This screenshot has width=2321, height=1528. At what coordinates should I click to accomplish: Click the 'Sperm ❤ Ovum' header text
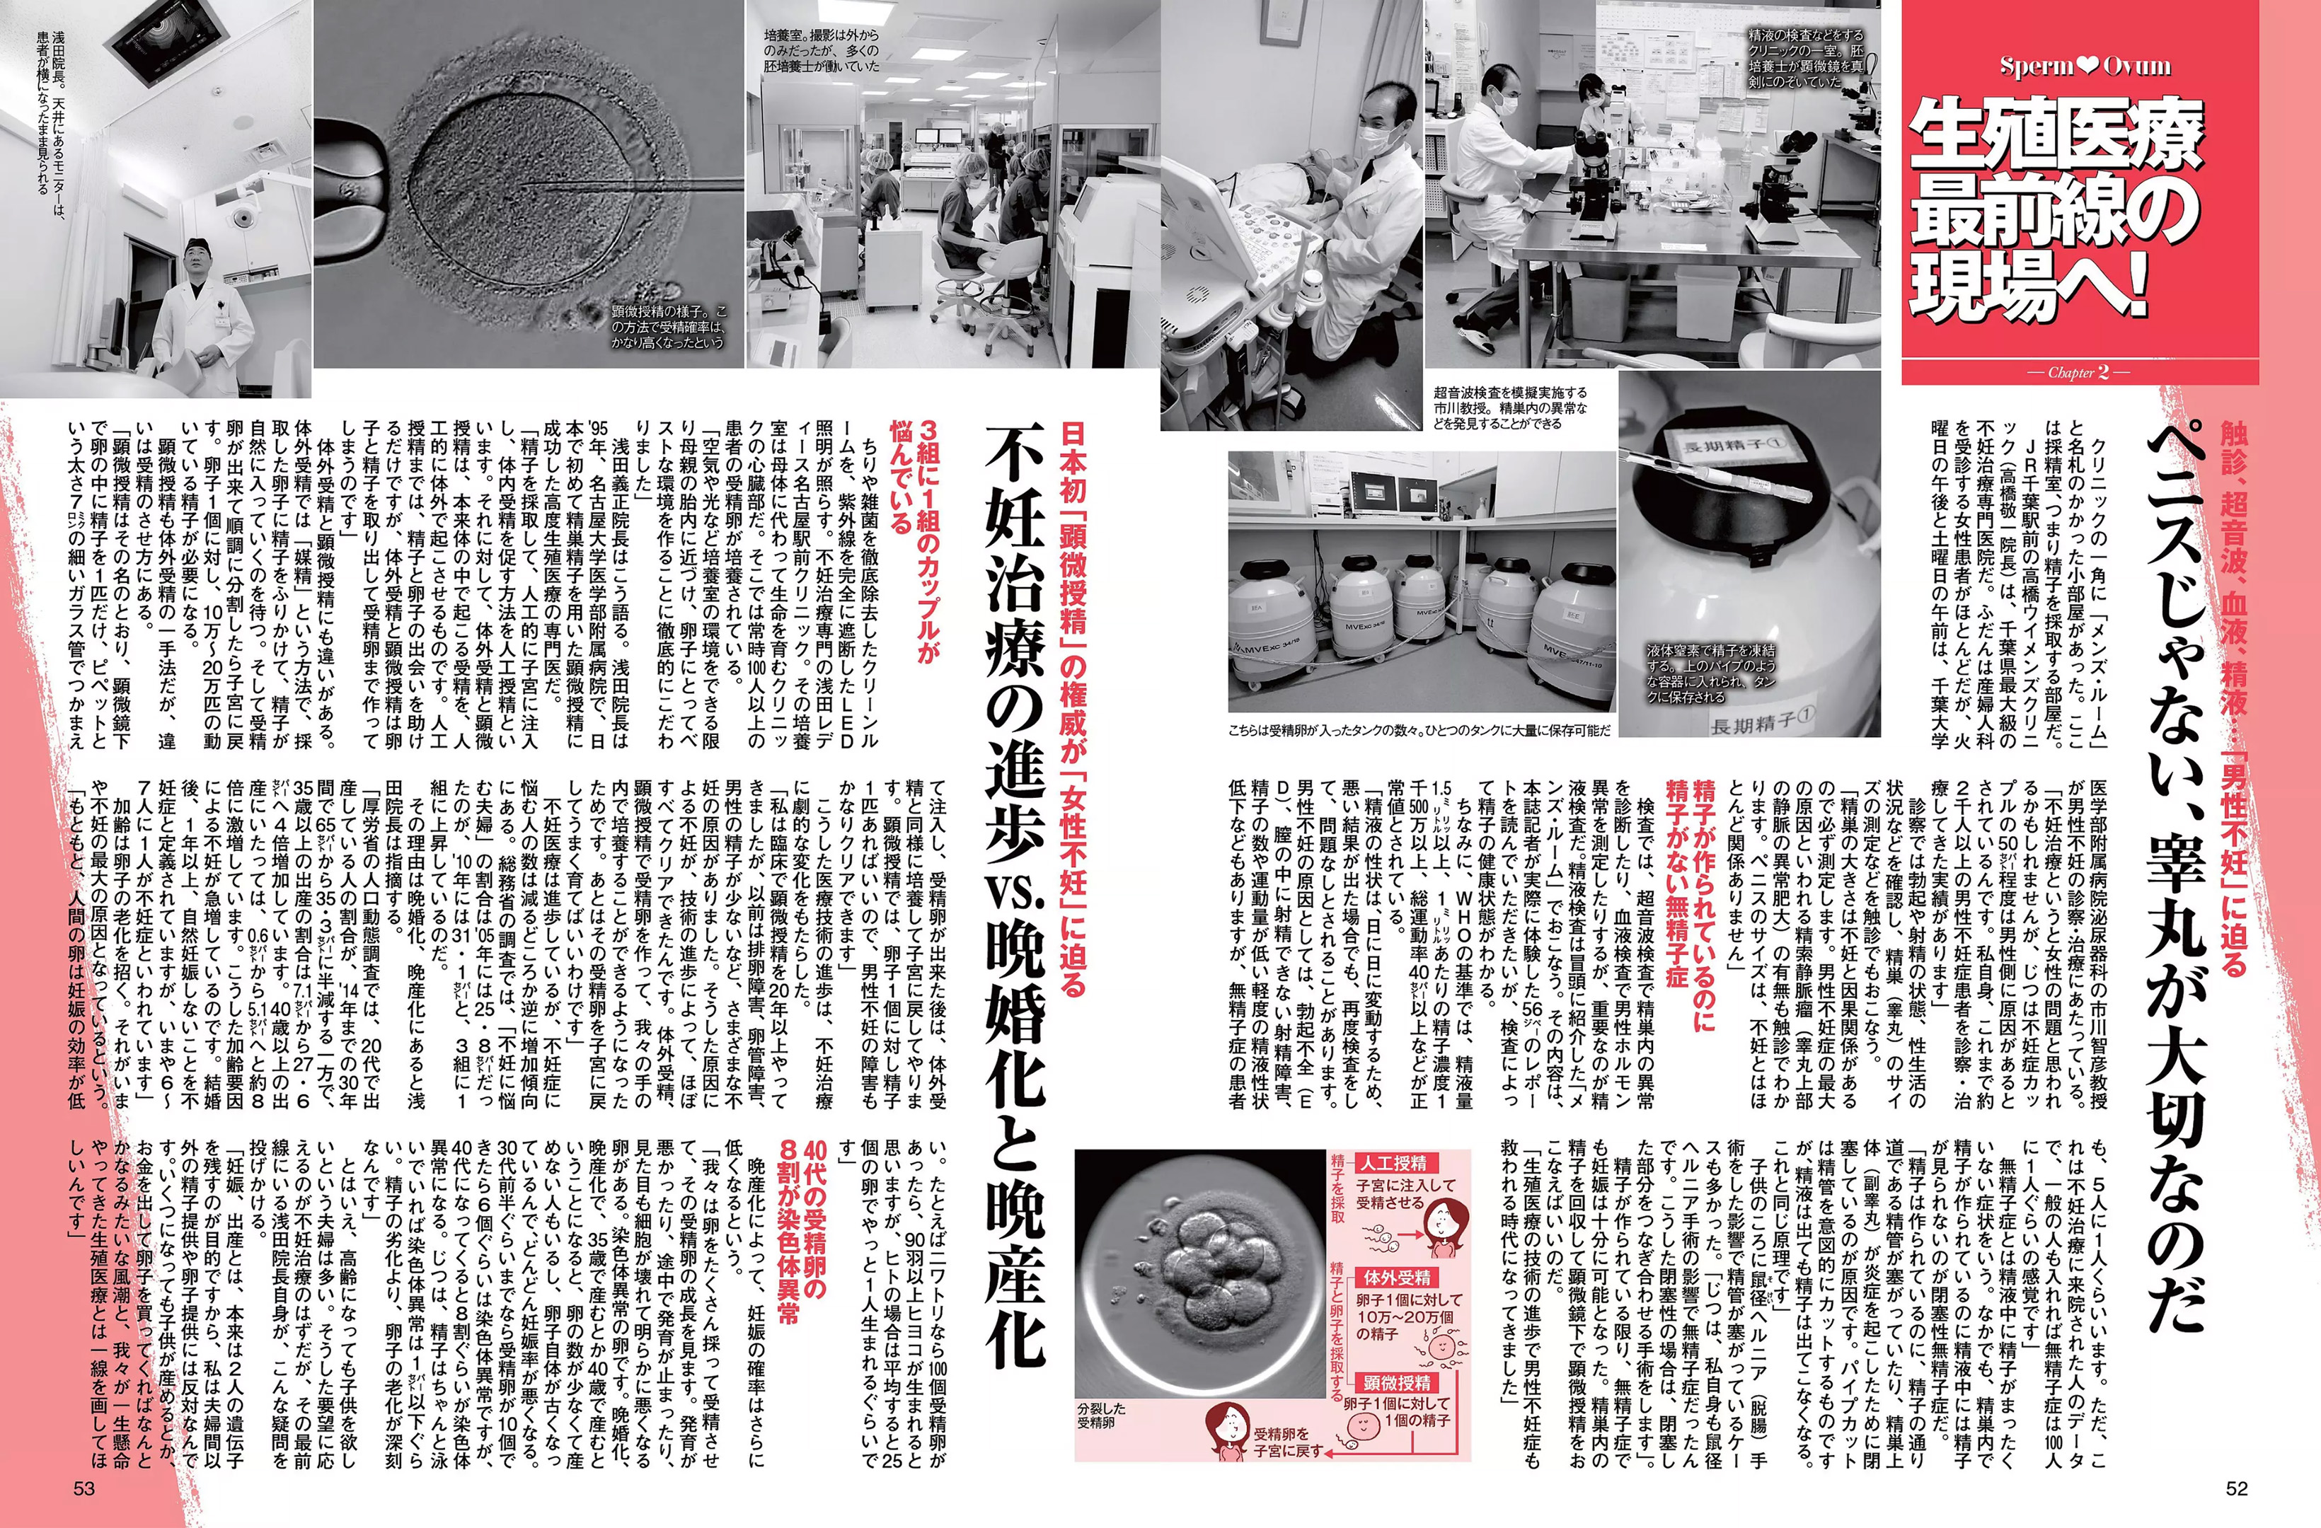click(2085, 66)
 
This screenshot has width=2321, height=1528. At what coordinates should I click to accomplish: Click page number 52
click(2236, 1488)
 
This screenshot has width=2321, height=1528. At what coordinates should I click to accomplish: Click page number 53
click(84, 1488)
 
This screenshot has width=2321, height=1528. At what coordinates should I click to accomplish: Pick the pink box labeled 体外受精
click(1397, 1278)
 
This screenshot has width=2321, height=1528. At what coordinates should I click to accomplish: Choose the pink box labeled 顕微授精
click(1397, 1383)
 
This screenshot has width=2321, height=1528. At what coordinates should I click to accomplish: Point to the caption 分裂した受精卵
click(1101, 1416)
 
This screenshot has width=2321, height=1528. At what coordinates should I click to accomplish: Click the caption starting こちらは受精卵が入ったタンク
click(1419, 729)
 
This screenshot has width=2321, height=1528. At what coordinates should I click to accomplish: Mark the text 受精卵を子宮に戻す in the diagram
click(1289, 1442)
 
